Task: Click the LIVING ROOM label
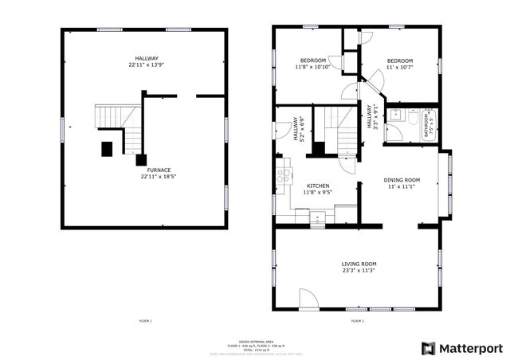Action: pos(359,264)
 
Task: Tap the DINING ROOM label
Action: pos(402,180)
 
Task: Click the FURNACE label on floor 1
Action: pos(146,170)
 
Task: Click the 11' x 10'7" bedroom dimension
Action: pos(400,68)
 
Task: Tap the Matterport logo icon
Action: pos(429,348)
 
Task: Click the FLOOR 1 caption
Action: pos(145,321)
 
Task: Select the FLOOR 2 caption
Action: pos(357,321)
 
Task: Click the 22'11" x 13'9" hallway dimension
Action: pos(147,65)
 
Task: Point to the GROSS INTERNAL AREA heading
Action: pos(253,340)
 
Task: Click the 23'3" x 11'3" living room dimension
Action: pos(359,271)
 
